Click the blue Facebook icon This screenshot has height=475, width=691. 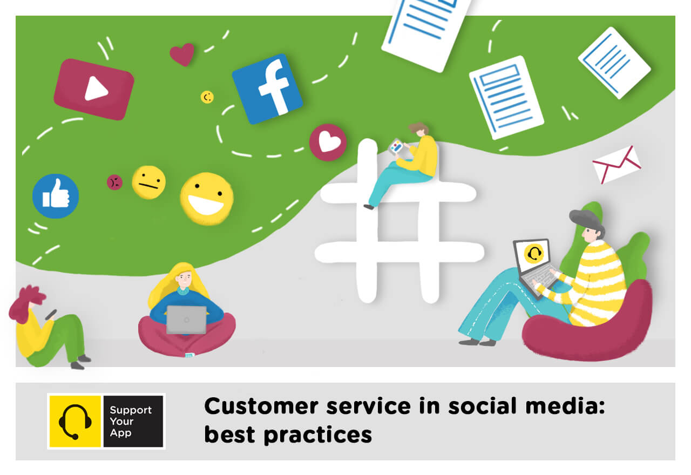267,89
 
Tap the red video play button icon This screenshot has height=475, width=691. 94,89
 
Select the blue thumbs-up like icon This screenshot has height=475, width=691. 56,196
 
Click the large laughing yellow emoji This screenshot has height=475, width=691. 207,198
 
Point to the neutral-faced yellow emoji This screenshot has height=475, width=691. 148,182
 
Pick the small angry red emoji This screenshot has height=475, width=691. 114,182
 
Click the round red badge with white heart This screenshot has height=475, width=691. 328,142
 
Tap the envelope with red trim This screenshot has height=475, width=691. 616,164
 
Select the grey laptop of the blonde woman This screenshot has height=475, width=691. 186,320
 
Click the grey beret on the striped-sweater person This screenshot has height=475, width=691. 586,220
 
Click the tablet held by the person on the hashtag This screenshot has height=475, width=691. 397,146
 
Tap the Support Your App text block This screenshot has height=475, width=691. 131,421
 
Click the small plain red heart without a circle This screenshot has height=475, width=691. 182,54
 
